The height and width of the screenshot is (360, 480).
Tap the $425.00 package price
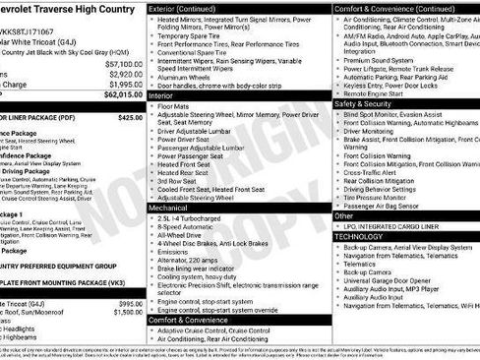[x=130, y=116]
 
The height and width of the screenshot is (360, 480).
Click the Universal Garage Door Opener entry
[x=404, y=278]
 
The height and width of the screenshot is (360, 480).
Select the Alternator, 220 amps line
[x=197, y=260]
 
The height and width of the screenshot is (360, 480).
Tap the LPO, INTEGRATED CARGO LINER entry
[x=400, y=226]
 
